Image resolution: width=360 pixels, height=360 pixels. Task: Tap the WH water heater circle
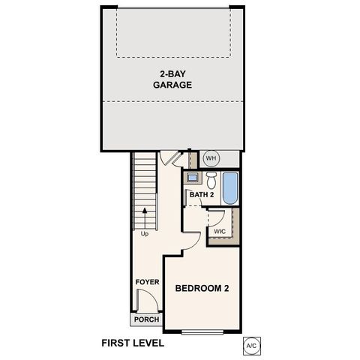(x=211, y=158)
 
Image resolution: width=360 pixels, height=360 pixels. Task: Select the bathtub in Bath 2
(x=231, y=187)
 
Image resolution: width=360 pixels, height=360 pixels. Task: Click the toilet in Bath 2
(x=212, y=180)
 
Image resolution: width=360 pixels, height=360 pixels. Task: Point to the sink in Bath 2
(x=193, y=178)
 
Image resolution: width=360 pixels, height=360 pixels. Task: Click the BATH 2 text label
(x=202, y=195)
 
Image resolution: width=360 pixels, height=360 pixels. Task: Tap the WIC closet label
(x=220, y=231)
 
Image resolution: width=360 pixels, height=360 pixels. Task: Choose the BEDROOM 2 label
(x=201, y=287)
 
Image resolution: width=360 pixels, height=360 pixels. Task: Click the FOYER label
(x=147, y=282)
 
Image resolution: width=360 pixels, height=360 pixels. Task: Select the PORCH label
(x=145, y=319)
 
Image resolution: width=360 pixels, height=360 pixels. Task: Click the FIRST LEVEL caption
(x=133, y=343)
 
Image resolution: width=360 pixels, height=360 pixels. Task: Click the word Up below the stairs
(x=143, y=233)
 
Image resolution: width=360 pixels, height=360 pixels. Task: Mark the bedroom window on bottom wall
(x=202, y=331)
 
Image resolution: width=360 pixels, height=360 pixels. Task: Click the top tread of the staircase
(x=144, y=154)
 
